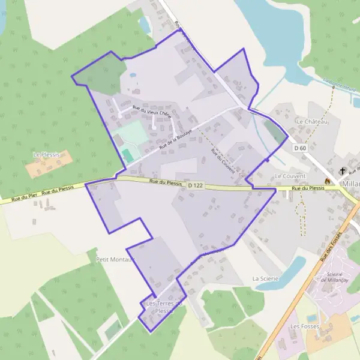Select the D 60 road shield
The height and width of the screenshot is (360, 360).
pyautogui.click(x=301, y=148)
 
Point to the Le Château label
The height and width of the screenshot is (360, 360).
pyautogui.click(x=313, y=122)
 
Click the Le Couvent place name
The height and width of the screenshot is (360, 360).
pyautogui.click(x=290, y=176)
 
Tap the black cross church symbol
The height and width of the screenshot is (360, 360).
pyautogui.click(x=343, y=170)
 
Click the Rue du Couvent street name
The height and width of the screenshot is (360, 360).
pyautogui.click(x=222, y=162)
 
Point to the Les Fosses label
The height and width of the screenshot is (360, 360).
pyautogui.click(x=304, y=326)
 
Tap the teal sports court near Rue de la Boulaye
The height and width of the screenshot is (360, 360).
pyautogui.click(x=128, y=155)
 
